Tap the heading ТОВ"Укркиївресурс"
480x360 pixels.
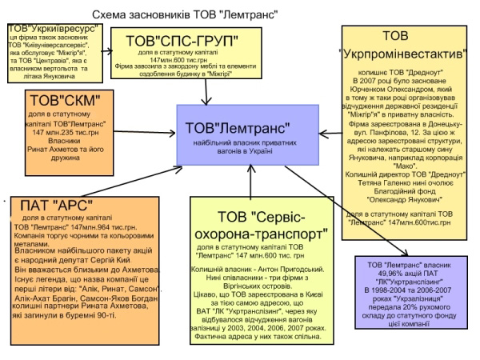click(55, 30)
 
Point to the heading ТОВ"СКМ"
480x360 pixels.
click(64, 102)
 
